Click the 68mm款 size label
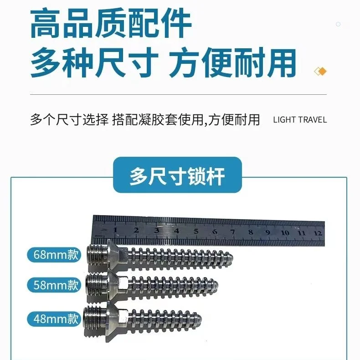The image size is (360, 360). [54, 255]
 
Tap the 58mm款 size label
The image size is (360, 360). [54, 285]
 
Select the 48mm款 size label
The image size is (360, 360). [54, 319]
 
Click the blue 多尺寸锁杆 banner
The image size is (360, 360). [177, 175]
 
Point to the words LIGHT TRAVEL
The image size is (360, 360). [300, 120]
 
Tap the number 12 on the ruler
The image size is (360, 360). [318, 233]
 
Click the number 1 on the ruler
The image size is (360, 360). [115, 230]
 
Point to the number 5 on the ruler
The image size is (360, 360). [196, 231]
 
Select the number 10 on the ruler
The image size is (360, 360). [285, 233]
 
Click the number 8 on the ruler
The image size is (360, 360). [251, 232]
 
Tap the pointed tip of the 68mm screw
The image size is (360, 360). [232, 257]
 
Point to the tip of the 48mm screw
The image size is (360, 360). [201, 319]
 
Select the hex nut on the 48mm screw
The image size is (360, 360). [123, 317]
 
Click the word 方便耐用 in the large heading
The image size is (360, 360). [232, 62]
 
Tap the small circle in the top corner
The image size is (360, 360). [338, 24]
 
